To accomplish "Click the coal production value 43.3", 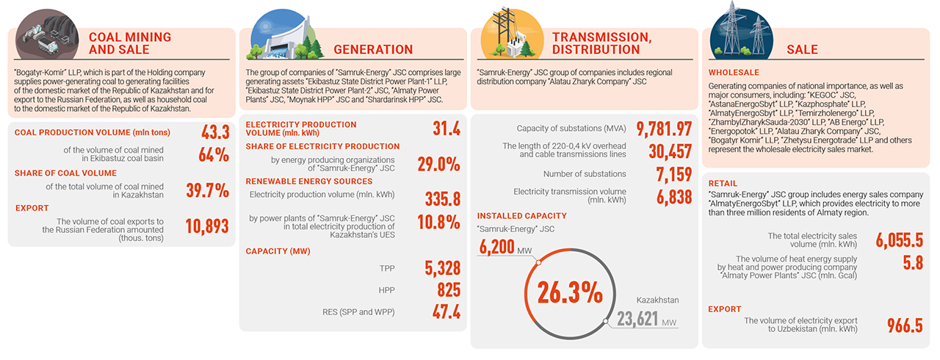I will coord(215,132).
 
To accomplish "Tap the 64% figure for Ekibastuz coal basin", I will coord(214,155).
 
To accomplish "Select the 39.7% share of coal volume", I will coord(208,191).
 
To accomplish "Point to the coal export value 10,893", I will coord(207,226).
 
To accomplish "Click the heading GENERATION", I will coord(373,49).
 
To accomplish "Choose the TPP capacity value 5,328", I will coord(443,268).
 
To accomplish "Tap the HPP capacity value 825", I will coord(449,289).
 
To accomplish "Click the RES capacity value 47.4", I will coord(446,312).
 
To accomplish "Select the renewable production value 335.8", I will coord(443,198).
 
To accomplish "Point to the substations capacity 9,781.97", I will coord(664,129).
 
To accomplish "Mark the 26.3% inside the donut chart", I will coord(570,293).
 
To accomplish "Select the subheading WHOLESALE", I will coord(734,73).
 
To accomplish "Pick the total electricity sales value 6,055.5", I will coord(899,240).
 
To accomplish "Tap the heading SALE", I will coord(802,49).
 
